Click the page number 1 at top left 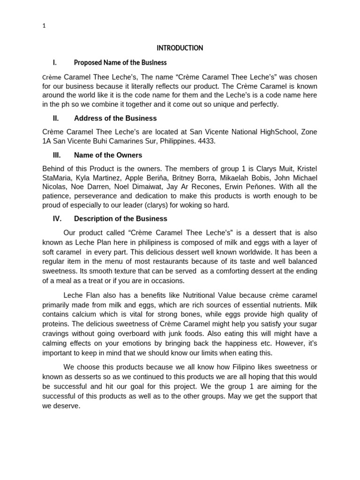pyautogui.click(x=44, y=26)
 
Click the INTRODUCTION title pyautogui.click(x=180, y=48)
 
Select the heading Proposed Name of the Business pyautogui.click(x=120, y=62)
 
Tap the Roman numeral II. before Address pyautogui.click(x=56, y=118)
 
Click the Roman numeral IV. pyautogui.click(x=57, y=218)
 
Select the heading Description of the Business pyautogui.click(x=120, y=218)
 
